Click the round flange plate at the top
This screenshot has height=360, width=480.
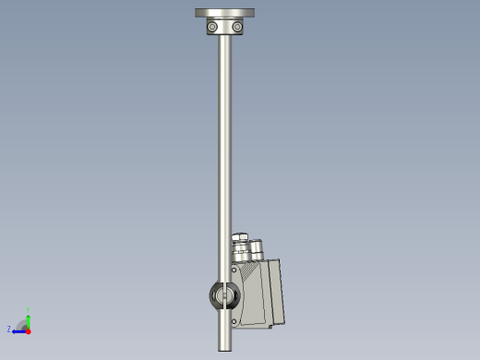pyautogui.click(x=224, y=13)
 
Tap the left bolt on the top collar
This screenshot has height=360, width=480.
pyautogui.click(x=213, y=28)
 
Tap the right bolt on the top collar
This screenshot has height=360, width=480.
pyautogui.click(x=237, y=28)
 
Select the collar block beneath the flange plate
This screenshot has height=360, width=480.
pyautogui.click(x=225, y=29)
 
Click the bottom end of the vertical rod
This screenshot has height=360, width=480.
pyautogui.click(x=225, y=347)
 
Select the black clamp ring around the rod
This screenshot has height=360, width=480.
pyautogui.click(x=224, y=295)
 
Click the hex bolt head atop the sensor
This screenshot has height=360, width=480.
pyautogui.click(x=240, y=238)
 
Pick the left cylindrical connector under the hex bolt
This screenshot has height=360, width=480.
pyautogui.click(x=240, y=253)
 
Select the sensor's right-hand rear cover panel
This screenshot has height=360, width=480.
pyautogui.click(x=275, y=293)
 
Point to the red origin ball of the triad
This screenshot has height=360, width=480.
pyautogui.click(x=28, y=330)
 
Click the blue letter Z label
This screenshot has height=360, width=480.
pyautogui.click(x=9, y=330)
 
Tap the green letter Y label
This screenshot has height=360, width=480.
pyautogui.click(x=29, y=310)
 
